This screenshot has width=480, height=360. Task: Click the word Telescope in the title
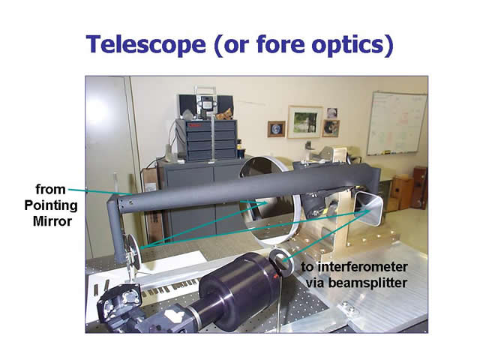point(145,45)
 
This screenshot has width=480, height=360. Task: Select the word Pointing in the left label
point(51,205)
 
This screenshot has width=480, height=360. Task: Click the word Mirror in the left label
point(52,221)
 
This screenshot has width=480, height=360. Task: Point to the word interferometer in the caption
point(362,267)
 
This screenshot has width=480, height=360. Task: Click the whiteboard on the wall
point(397,123)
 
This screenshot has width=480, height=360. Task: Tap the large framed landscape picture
point(305,121)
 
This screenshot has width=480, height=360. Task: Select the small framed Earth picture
point(276,129)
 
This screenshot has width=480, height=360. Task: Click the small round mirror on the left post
point(133,252)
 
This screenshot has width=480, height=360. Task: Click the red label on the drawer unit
point(195,125)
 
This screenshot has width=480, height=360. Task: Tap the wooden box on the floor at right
point(402,192)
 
